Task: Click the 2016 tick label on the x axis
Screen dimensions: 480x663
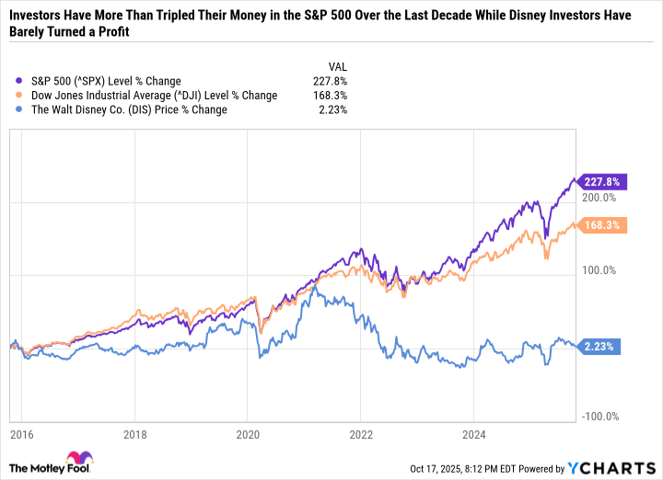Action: [x=22, y=434]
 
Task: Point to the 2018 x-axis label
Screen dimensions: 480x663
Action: [x=135, y=434]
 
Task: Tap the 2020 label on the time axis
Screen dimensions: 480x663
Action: [x=248, y=434]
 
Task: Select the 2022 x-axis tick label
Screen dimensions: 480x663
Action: [x=360, y=434]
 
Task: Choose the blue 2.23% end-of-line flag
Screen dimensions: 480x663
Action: [x=603, y=347]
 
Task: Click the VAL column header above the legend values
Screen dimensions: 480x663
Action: [x=339, y=65]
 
